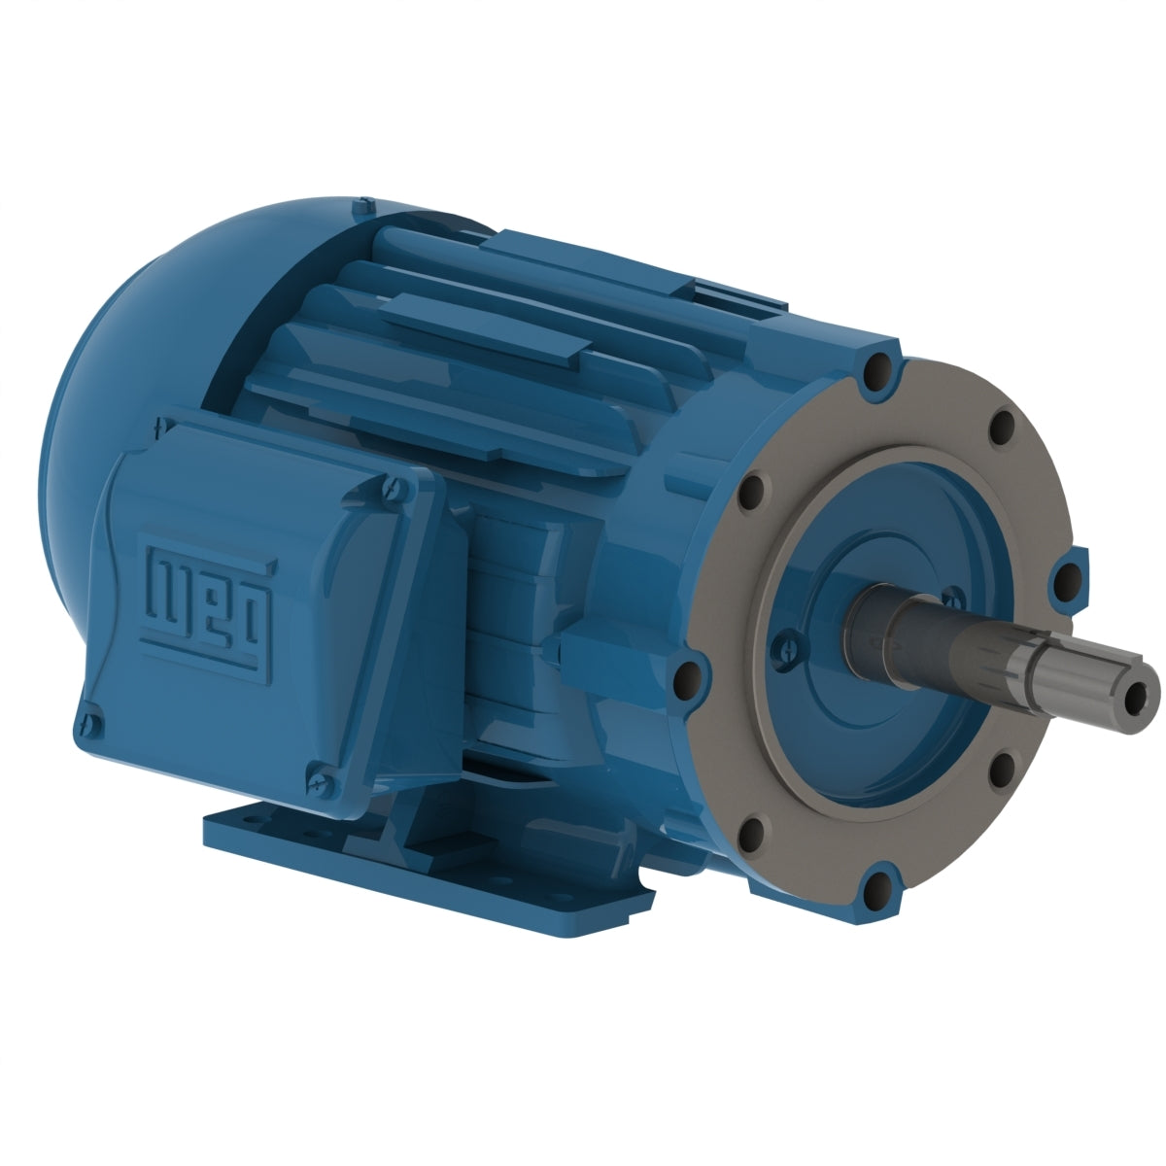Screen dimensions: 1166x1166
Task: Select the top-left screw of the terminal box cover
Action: pos(161,426)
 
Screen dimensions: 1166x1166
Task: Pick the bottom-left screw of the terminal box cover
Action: pos(88,723)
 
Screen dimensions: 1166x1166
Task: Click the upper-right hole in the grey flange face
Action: pos(1001,426)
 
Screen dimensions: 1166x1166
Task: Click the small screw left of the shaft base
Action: pos(788,643)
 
